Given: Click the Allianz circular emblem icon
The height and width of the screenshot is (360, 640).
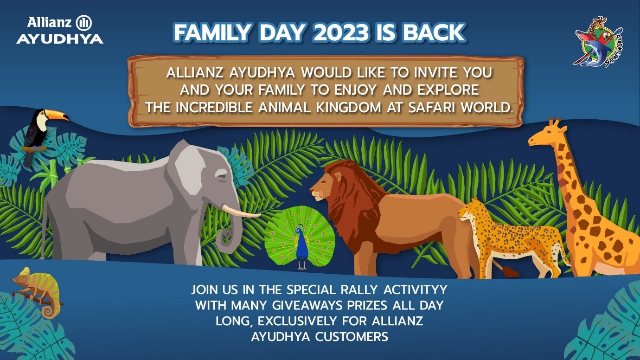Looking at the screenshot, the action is pyautogui.click(x=84, y=23).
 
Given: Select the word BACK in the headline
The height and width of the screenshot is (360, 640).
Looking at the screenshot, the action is pyautogui.click(x=434, y=32).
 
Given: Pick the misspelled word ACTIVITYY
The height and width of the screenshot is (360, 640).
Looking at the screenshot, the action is pyautogui.click(x=415, y=289).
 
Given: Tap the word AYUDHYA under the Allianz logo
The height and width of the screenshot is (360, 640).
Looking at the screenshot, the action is pyautogui.click(x=60, y=39).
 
